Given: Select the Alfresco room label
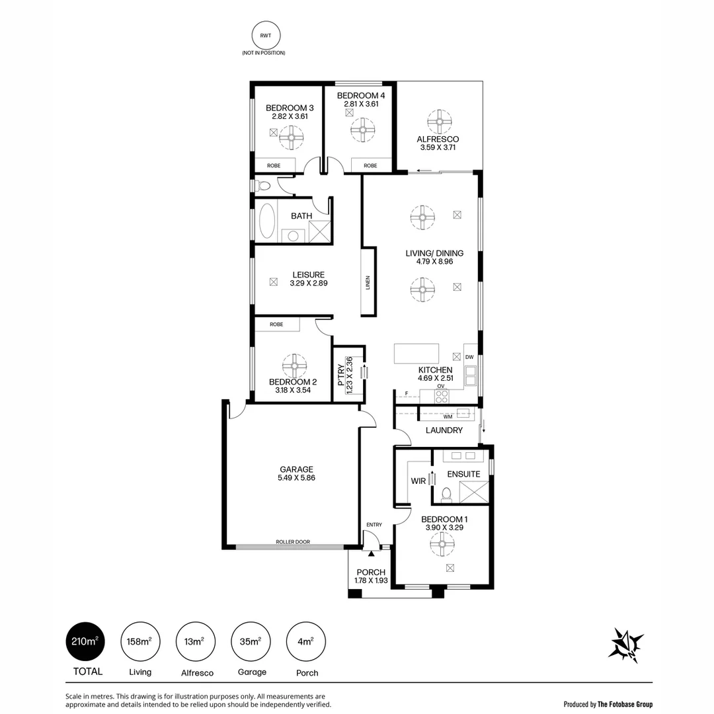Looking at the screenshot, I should (438, 139).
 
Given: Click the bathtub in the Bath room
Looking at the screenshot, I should (267, 221).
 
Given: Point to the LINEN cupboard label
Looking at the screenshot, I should (368, 282).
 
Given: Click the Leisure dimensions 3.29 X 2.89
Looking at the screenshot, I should (309, 283).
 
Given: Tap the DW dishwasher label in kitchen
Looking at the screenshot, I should (469, 357).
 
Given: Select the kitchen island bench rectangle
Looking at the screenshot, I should (416, 353).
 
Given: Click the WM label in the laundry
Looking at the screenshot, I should (447, 416).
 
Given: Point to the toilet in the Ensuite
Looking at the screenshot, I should (446, 493).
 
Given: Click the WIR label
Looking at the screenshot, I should (418, 481).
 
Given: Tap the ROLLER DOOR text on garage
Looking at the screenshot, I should (293, 542).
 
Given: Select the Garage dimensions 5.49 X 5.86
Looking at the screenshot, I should (296, 478).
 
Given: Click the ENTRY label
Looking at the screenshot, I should (374, 525).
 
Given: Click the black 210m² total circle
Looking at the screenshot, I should (85, 641).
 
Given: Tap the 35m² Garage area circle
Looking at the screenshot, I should (251, 641).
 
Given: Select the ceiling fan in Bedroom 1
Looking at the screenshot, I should (442, 545).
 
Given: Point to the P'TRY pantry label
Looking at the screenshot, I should (341, 376).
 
